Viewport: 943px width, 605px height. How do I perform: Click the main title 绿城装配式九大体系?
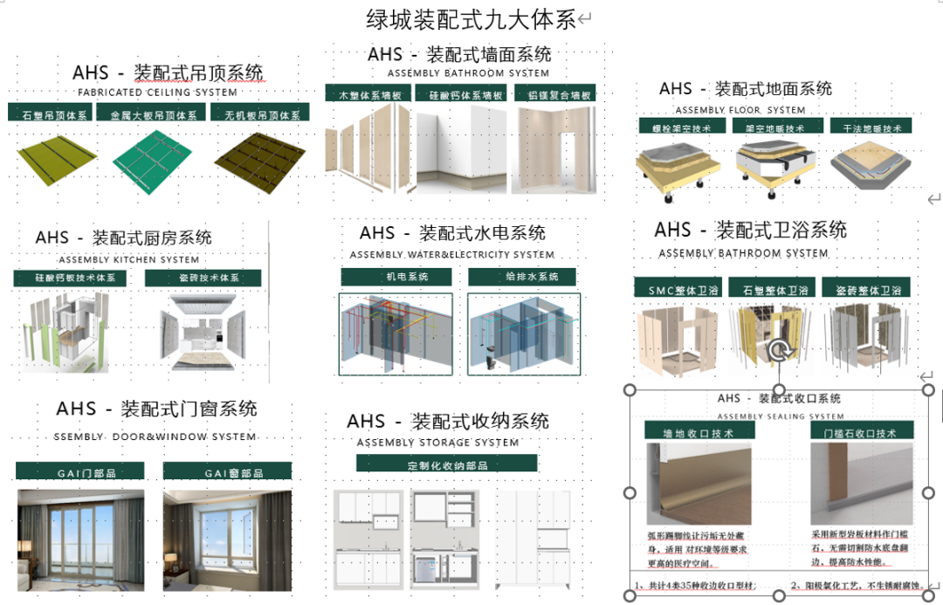click(471, 19)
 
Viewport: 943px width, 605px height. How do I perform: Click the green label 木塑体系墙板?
click(368, 94)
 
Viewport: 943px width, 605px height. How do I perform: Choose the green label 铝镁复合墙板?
click(553, 94)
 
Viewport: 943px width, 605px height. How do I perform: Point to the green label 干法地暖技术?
click(867, 127)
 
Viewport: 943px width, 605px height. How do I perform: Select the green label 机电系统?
click(396, 277)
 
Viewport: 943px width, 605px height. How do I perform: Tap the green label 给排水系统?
click(524, 277)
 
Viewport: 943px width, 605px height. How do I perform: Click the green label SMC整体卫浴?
click(678, 289)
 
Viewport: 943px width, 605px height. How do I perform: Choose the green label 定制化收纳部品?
click(446, 464)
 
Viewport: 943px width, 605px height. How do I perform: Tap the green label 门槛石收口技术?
click(861, 431)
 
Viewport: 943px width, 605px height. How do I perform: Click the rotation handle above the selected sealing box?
click(778, 351)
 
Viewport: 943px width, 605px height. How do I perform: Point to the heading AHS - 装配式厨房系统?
click(124, 237)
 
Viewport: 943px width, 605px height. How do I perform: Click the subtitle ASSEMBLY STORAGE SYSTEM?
click(437, 443)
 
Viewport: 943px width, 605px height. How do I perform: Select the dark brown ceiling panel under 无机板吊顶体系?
click(262, 157)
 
